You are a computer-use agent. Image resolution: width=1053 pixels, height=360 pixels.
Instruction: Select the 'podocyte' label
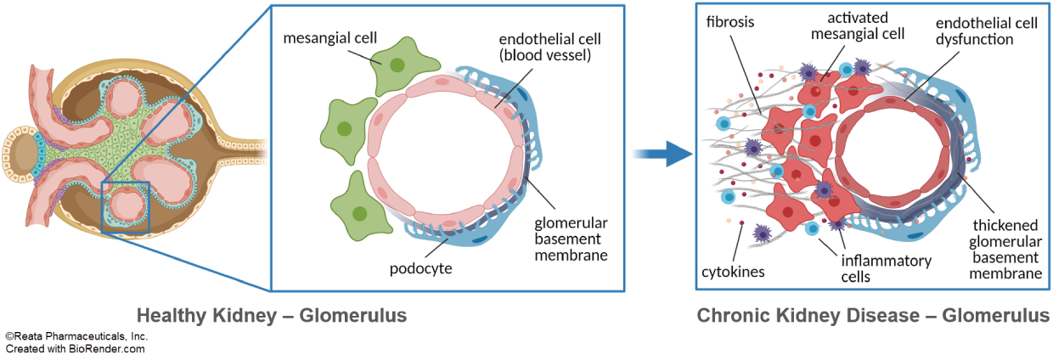[420, 270]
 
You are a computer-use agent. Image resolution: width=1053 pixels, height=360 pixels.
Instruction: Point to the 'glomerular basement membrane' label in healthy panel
[571, 239]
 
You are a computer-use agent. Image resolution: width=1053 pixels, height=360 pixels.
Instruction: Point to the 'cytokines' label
[734, 273]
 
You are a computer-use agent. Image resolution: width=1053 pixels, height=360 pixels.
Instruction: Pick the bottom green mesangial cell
[360, 209]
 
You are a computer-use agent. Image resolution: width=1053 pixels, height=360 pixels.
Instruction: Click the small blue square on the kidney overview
[126, 207]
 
